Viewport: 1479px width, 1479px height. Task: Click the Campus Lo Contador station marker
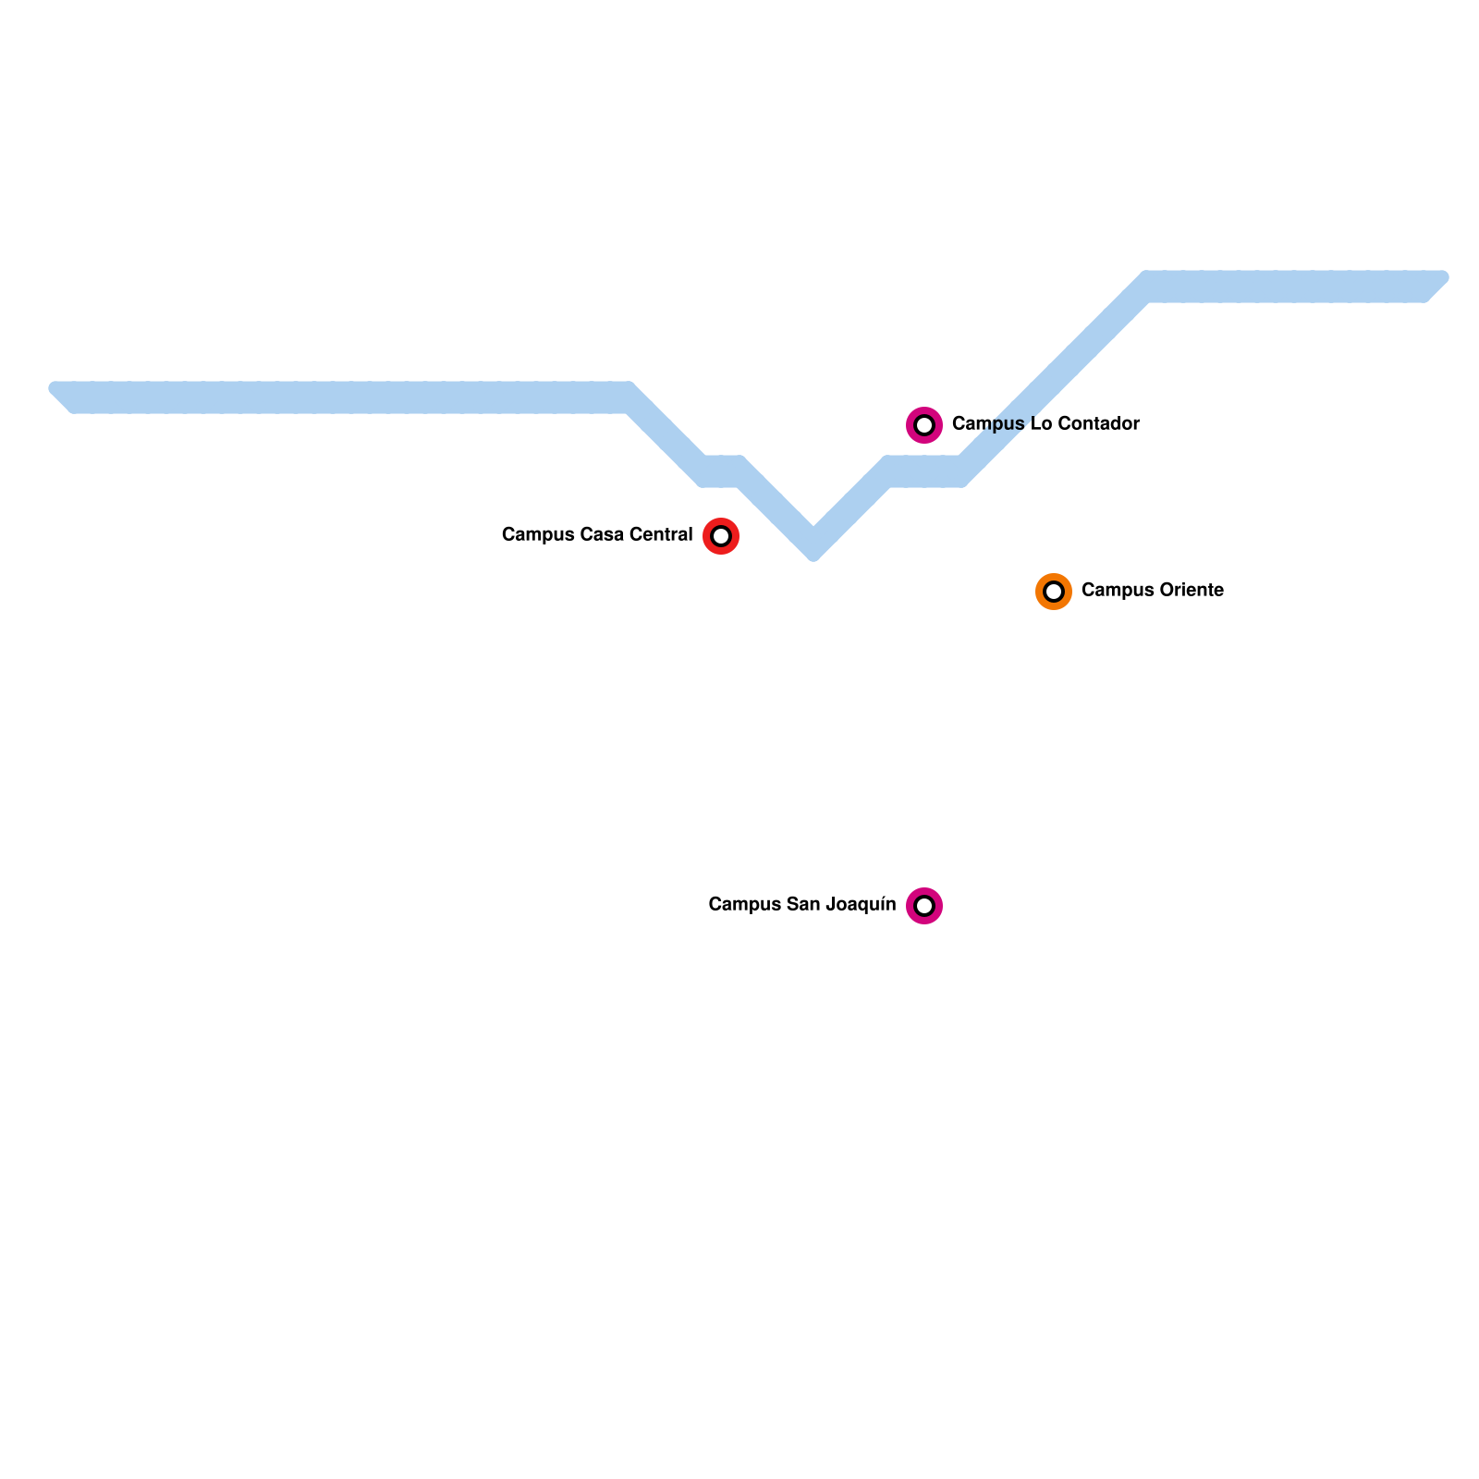click(x=924, y=425)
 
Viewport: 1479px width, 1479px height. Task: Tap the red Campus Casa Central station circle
click(x=721, y=536)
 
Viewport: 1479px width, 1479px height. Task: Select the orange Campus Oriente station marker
click(x=1054, y=592)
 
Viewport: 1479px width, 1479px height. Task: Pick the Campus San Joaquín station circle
click(x=924, y=906)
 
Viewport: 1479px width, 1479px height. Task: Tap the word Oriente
click(x=1192, y=591)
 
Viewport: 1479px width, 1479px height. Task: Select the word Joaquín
click(x=862, y=905)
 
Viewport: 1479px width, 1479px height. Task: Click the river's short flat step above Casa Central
click(x=722, y=471)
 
